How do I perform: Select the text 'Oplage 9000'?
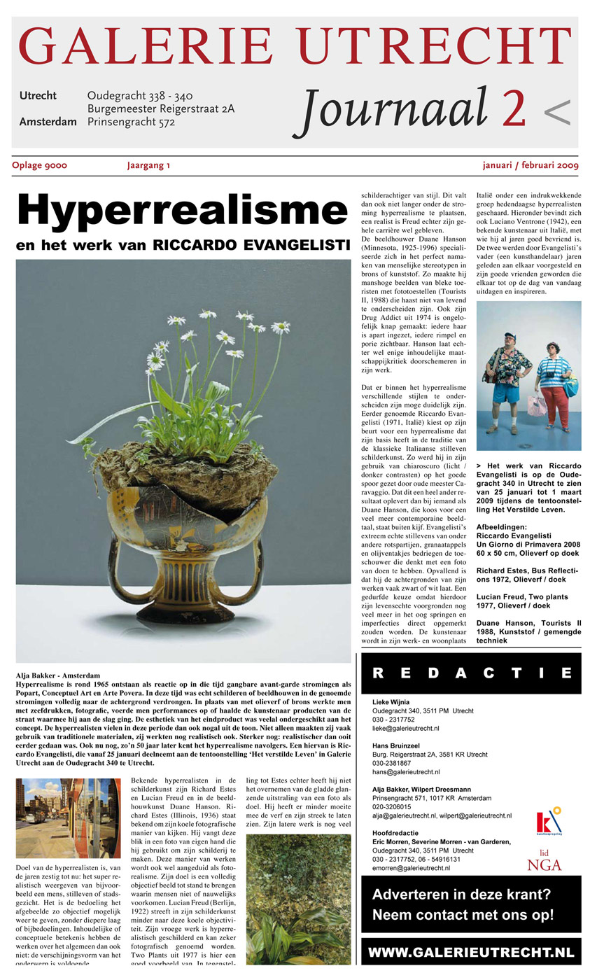pos(39,166)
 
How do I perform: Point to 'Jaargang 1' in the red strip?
pos(148,166)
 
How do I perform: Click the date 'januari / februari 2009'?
pos(530,166)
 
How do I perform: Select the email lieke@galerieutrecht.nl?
pos(406,728)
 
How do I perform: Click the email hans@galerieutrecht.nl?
pos(407,771)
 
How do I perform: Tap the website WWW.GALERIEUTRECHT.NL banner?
pos(471,953)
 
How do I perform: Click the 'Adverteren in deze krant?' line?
pos(462,894)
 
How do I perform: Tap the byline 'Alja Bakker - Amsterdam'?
pos(57,676)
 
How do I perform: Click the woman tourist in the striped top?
pos(554,385)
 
